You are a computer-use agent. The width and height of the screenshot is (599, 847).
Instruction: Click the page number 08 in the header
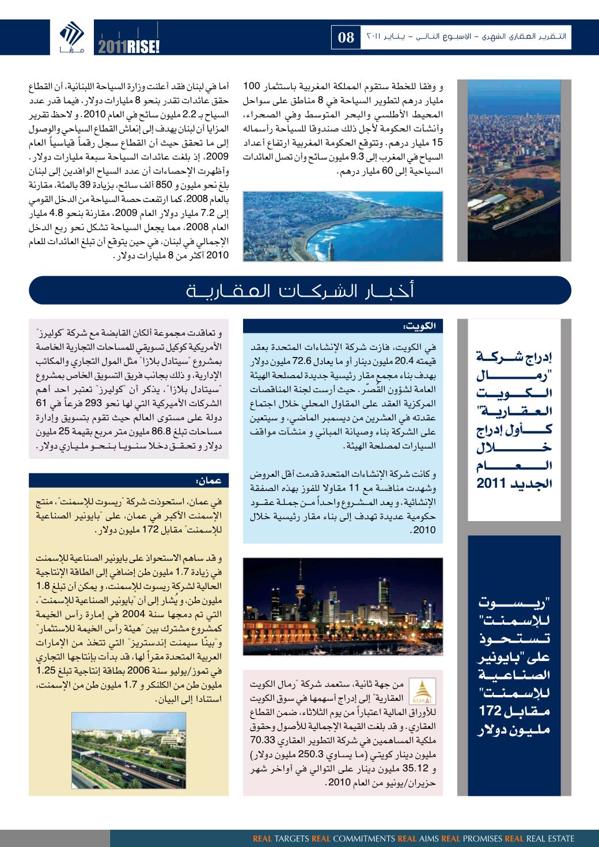346,38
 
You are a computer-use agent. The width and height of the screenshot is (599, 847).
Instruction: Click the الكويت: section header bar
343,326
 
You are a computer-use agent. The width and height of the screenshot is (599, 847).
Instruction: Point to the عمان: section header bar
128,478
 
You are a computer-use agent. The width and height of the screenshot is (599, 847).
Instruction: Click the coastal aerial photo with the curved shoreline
343,226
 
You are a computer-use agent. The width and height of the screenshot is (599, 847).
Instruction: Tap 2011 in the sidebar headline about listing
491,484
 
